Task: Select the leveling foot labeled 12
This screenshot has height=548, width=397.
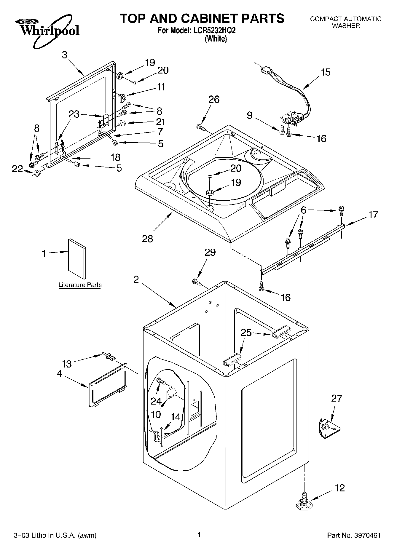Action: coord(303,502)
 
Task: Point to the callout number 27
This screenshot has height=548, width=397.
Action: coord(337,398)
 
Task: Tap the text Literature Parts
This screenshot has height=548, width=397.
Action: coord(80,285)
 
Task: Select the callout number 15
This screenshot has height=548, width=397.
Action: coord(326,72)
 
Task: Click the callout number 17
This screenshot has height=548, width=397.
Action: coord(374,214)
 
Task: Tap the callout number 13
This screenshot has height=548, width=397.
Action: coord(67,364)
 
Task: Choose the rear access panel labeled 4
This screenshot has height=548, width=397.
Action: coord(107,384)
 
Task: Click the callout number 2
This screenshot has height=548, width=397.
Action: coord(136,279)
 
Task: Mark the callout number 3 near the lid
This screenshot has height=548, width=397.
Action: coord(65,55)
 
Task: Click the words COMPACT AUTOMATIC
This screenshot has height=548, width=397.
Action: coord(345,19)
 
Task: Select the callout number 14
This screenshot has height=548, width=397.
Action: coord(176,417)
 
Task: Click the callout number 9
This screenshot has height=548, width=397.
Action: coord(250,115)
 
